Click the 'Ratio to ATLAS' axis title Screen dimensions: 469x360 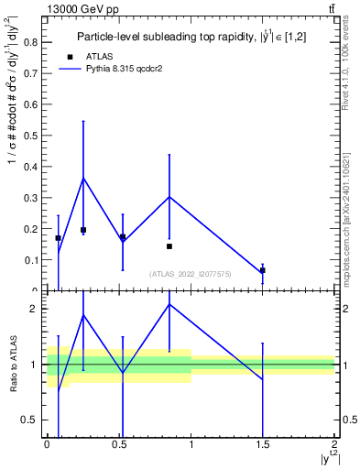(11, 364)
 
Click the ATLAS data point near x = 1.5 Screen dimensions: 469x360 (262, 270)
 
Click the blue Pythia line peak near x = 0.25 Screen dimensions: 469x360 (83, 179)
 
